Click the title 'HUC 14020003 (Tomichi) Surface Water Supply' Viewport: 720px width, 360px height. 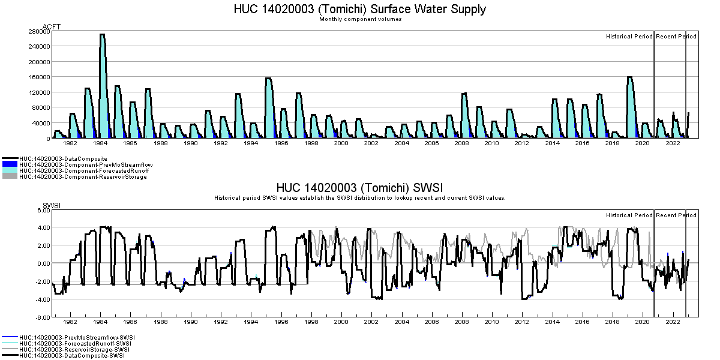(x=359, y=9)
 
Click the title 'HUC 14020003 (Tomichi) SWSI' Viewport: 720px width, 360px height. (x=359, y=188)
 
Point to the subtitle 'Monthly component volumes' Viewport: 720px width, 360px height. (x=360, y=19)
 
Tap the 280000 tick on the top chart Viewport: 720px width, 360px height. (x=38, y=31)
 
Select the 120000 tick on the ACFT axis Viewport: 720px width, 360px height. (x=38, y=92)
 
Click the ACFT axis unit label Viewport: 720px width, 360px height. (x=52, y=27)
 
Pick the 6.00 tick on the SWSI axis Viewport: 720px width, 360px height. (x=42, y=210)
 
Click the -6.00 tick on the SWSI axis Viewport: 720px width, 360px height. (x=41, y=317)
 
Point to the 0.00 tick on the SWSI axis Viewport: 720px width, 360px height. (x=42, y=264)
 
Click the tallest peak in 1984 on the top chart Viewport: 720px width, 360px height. (x=102, y=35)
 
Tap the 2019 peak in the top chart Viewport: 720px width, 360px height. (x=630, y=77)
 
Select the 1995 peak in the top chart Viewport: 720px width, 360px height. (x=268, y=79)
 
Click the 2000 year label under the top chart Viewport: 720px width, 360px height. (x=341, y=143)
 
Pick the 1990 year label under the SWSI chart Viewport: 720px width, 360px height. (x=190, y=322)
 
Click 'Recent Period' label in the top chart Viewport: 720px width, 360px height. (x=676, y=37)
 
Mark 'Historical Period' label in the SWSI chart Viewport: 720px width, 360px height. (x=629, y=215)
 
